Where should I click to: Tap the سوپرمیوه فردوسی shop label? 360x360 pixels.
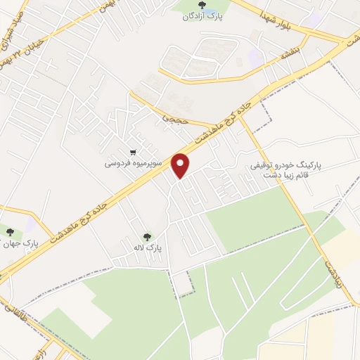134,163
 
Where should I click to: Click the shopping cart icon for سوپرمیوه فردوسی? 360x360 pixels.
133,152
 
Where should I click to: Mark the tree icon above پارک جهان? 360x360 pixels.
9,233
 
